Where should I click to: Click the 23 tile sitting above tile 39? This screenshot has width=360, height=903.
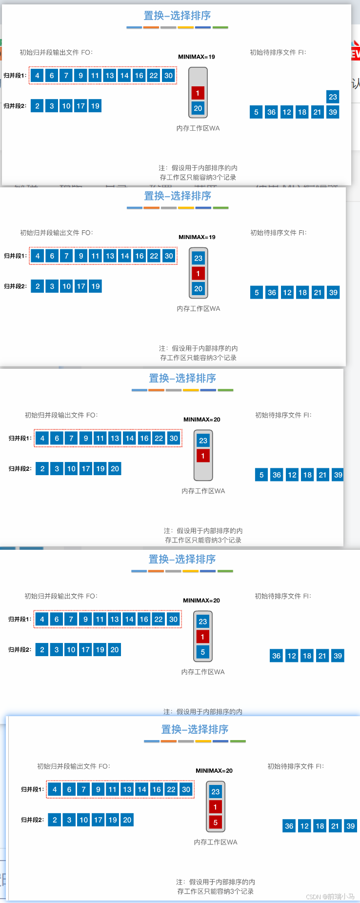[x=333, y=97]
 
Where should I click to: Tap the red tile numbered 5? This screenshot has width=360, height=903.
[x=215, y=822]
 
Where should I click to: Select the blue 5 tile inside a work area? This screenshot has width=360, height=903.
[x=202, y=652]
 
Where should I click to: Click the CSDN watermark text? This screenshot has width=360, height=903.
[x=330, y=897]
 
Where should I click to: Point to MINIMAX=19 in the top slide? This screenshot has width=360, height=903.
[x=197, y=57]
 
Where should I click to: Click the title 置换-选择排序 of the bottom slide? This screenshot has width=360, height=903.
[x=195, y=729]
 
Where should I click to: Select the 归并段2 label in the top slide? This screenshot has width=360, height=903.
[x=15, y=106]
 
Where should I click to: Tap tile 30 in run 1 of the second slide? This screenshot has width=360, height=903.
[x=169, y=256]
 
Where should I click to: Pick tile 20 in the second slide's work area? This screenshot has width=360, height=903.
[x=198, y=288]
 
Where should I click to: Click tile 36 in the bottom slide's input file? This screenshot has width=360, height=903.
[x=289, y=826]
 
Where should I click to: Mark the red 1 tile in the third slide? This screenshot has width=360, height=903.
[x=203, y=456]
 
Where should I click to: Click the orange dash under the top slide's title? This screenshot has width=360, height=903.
[x=151, y=27]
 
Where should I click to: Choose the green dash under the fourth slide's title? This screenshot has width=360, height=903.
[x=225, y=571]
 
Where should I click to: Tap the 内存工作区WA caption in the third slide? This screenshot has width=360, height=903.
[x=203, y=491]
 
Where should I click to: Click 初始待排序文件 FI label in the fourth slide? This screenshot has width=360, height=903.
[x=283, y=596]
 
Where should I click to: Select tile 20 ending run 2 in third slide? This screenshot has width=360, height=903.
[x=115, y=469]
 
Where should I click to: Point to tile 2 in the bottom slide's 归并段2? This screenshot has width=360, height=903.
[x=55, y=820]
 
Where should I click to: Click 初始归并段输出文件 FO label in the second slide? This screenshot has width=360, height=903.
[x=56, y=233]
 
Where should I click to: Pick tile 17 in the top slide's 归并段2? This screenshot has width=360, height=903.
[x=80, y=106]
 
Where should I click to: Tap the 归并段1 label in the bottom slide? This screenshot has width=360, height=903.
[x=32, y=789]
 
